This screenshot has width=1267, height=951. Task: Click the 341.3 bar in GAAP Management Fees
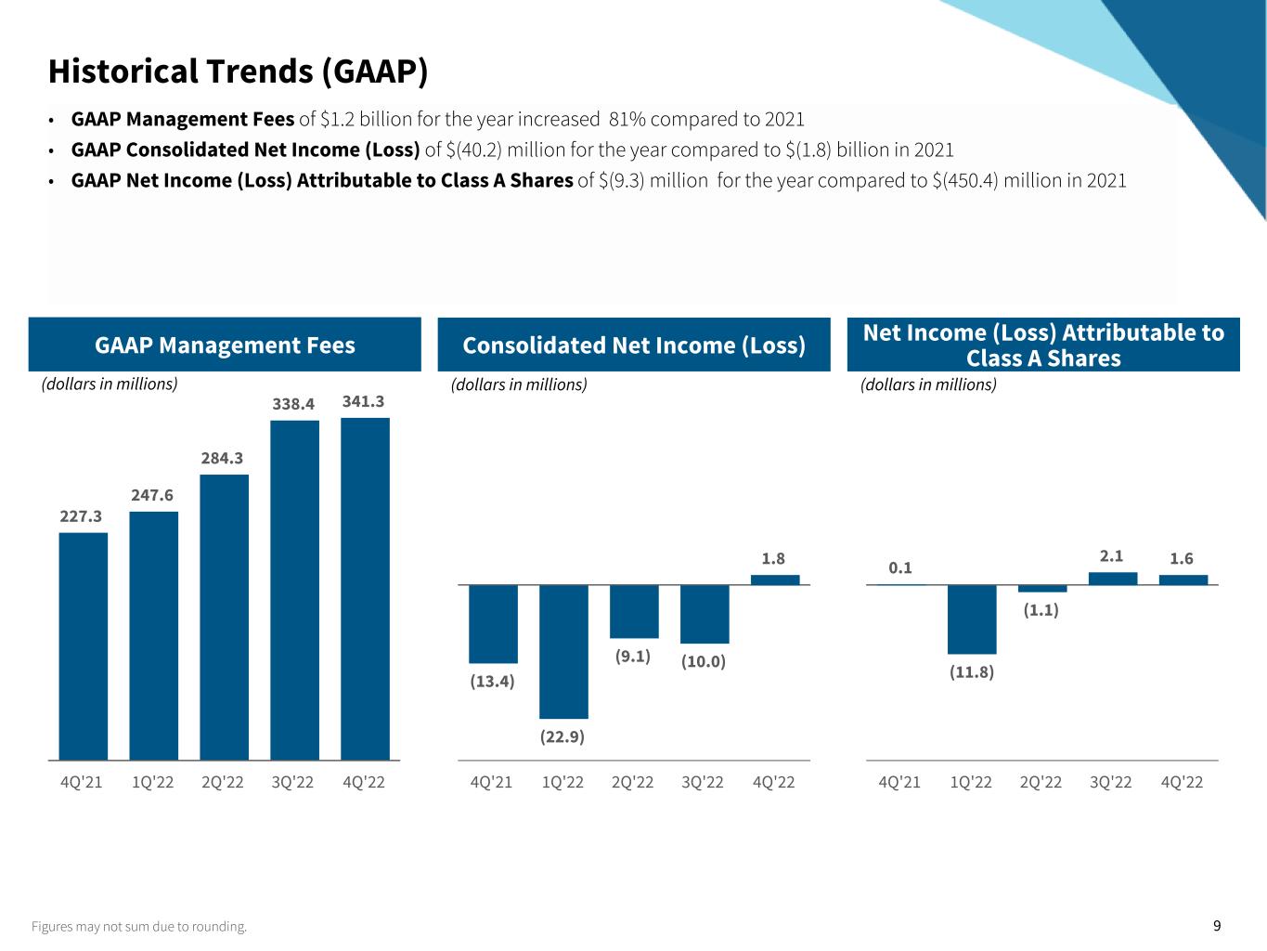click(365, 589)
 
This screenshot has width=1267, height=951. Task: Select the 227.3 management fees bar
click(83, 646)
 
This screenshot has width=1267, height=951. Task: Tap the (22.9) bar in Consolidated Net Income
click(563, 651)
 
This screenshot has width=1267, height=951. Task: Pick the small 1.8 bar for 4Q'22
click(775, 580)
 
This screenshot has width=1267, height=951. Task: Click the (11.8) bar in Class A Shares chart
click(972, 619)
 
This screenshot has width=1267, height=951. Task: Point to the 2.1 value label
click(1111, 556)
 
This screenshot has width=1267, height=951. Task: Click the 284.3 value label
click(222, 458)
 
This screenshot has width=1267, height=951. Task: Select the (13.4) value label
click(492, 681)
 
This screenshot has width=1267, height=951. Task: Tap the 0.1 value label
click(900, 567)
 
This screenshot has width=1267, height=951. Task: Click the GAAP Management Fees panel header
click(225, 345)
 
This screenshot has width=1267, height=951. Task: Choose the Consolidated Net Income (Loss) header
click(634, 345)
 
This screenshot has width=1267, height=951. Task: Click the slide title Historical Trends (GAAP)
click(238, 72)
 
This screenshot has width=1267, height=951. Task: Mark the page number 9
click(1217, 925)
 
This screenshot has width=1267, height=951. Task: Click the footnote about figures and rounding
click(139, 926)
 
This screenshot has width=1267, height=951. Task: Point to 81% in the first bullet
click(627, 119)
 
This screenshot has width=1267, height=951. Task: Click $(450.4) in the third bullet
click(971, 180)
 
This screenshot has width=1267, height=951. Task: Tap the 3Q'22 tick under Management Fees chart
click(292, 782)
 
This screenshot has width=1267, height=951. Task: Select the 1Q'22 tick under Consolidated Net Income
click(562, 782)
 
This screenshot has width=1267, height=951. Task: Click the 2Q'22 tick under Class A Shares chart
click(1041, 782)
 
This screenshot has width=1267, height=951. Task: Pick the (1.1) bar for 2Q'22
click(1042, 588)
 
